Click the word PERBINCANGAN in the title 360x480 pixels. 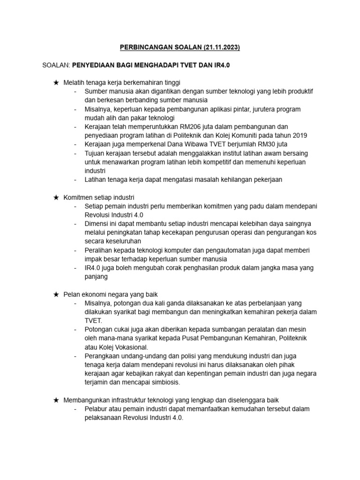point(147,47)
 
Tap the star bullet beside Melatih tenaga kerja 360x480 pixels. point(56,82)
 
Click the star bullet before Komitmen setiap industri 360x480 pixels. point(56,197)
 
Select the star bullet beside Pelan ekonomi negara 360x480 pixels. point(56,294)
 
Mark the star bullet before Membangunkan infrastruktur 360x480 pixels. point(56,400)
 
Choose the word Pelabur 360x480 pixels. point(96,409)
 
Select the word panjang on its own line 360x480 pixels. point(96,276)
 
